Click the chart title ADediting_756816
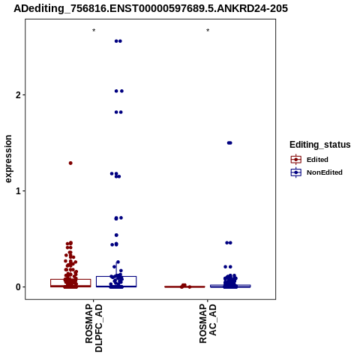151,9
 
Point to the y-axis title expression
8,159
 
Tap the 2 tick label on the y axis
18,95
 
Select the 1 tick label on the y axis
18,191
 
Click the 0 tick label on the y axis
18,287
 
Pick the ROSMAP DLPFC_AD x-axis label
94,328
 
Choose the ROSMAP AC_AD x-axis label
208,324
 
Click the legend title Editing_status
320,145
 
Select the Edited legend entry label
317,160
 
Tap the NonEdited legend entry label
325,172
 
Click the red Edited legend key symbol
296,160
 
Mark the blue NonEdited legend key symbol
296,172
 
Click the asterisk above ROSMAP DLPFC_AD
94,31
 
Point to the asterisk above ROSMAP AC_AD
208,31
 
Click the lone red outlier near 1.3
70,163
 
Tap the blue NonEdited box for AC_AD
230,285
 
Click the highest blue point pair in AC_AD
229,143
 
